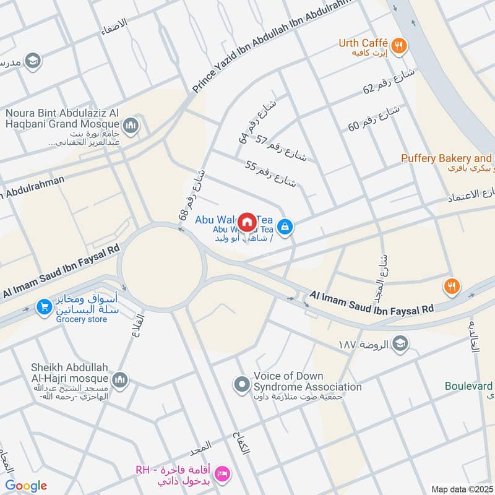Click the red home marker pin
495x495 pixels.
pyautogui.click(x=247, y=221)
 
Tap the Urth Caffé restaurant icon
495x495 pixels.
pyautogui.click(x=400, y=45)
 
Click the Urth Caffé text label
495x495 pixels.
pyautogui.click(x=363, y=43)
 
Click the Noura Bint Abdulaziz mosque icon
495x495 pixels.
pyautogui.click(x=130, y=127)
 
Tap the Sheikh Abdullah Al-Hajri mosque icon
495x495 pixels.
pyautogui.click(x=120, y=379)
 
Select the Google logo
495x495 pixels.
pyautogui.click(x=26, y=486)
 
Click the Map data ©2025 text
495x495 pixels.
pyautogui.click(x=460, y=489)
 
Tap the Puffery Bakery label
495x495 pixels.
pyautogui.click(x=445, y=158)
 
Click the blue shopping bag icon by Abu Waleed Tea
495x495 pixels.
pyautogui.click(x=285, y=226)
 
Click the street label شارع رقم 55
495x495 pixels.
pyautogui.click(x=271, y=174)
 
